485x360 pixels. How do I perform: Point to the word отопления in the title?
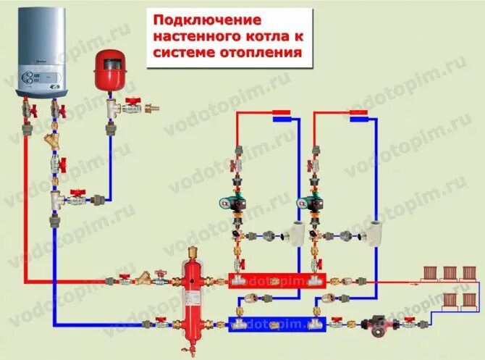pos(254,54)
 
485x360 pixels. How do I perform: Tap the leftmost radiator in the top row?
pos(431,273)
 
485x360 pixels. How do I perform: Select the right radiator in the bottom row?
pos(470,298)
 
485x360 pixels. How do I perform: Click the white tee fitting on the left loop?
pos(294,235)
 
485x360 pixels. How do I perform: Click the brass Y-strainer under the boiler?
pos(53,140)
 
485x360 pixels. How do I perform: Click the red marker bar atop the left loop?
pos(281,113)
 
